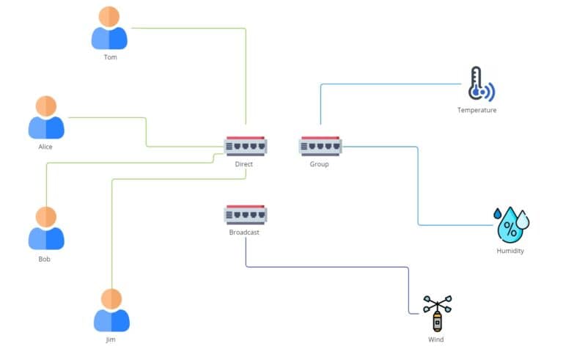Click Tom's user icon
click(x=109, y=29)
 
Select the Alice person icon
click(x=46, y=117)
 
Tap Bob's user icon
click(x=46, y=228)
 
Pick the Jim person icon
click(x=111, y=310)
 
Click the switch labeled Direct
click(x=245, y=145)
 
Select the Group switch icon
click(x=320, y=145)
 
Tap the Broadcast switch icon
click(x=245, y=214)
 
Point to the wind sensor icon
click(x=437, y=314)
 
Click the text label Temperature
click(x=476, y=110)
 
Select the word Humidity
click(x=510, y=251)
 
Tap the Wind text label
click(x=436, y=339)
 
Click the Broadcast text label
click(x=244, y=232)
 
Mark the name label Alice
click(x=45, y=147)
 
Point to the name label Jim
click(x=111, y=339)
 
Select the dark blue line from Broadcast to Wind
click(x=330, y=267)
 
